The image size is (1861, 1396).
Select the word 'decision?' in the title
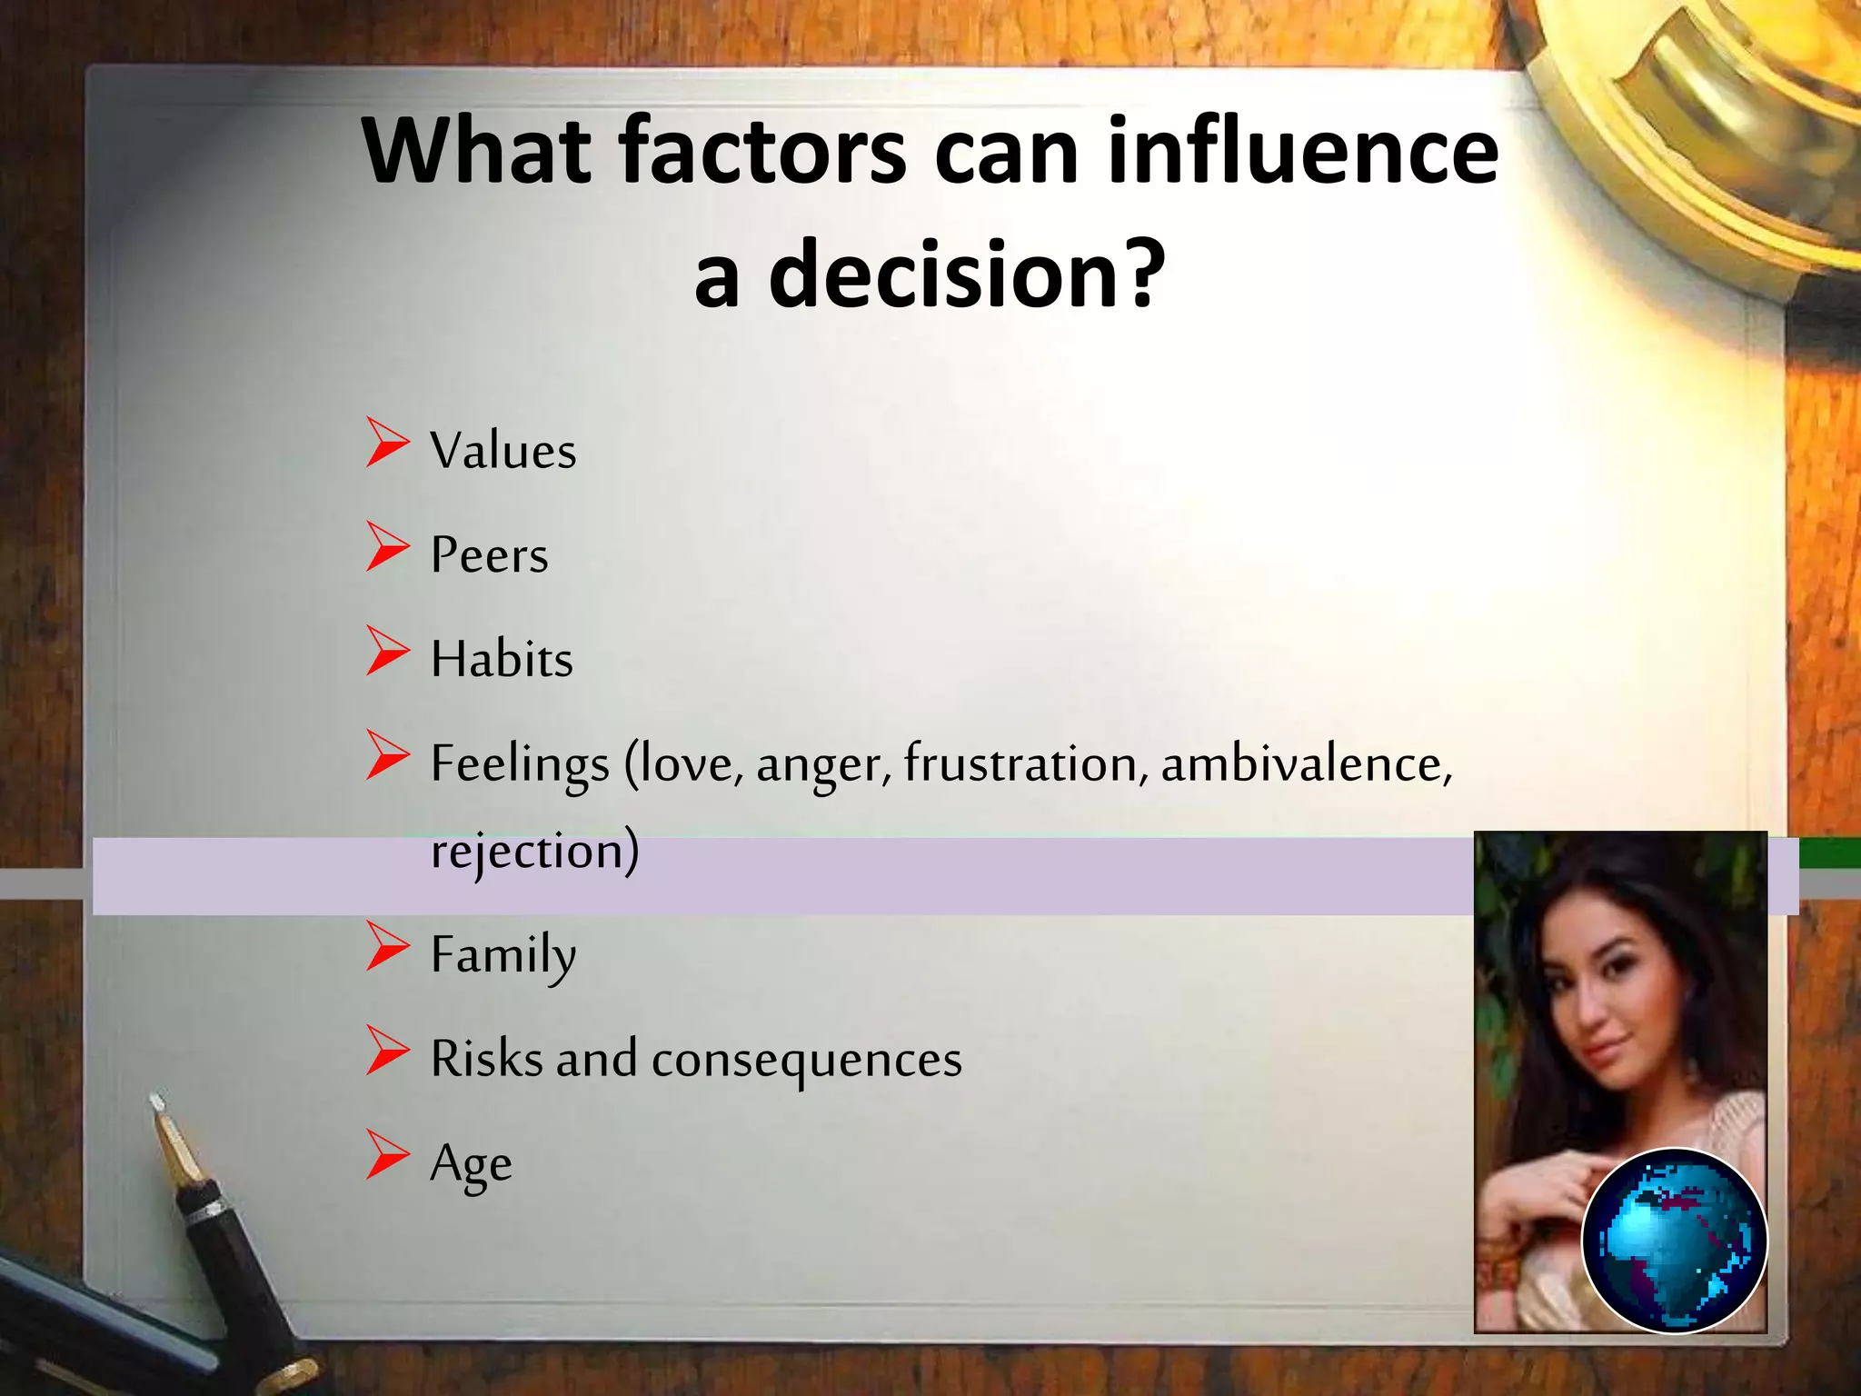click(967, 274)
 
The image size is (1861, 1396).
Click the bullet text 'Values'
click(503, 451)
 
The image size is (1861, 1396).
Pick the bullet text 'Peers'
click(489, 555)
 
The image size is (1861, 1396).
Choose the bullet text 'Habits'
click(502, 659)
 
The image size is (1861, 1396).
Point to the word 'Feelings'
click(519, 764)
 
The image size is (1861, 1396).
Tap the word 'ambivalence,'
click(1306, 763)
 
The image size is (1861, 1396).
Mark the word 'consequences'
click(806, 1060)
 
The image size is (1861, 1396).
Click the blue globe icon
click(1674, 1240)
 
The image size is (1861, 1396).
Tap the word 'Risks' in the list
click(486, 1060)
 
